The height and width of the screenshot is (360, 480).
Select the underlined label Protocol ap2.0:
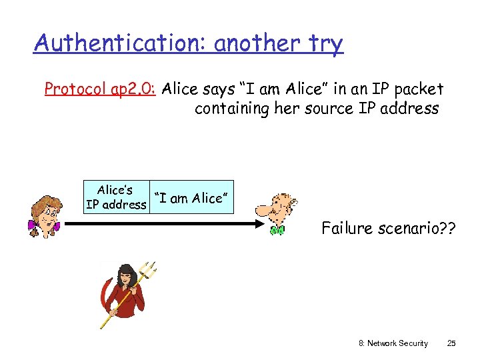point(100,89)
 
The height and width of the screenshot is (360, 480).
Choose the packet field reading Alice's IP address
point(115,197)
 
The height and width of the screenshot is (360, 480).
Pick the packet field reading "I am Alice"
point(192,197)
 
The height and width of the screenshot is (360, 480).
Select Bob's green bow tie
point(277,231)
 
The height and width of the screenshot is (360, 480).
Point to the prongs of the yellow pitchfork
point(151,269)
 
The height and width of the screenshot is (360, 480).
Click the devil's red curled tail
point(103,297)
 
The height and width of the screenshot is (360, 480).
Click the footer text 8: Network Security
point(393,343)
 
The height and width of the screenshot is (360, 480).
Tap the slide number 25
point(451,343)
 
